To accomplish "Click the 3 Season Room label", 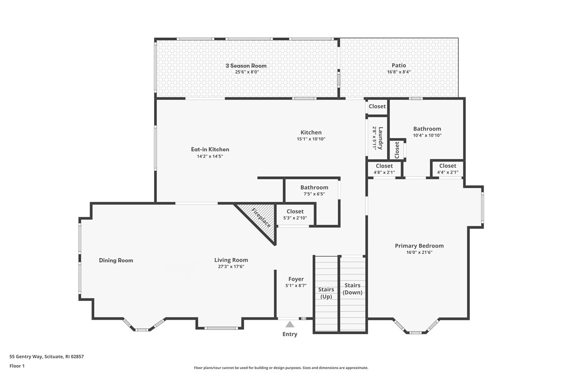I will tap(246, 66).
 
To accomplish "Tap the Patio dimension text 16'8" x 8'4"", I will tap(398, 72).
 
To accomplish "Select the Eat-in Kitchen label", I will tap(210, 149).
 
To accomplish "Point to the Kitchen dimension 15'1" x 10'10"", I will tap(311, 139).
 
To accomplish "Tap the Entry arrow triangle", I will tap(290, 324).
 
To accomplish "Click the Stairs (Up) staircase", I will tap(326, 293).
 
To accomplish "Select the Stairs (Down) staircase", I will tap(352, 293).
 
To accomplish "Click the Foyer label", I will tap(295, 279).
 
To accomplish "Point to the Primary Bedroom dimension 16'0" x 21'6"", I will tap(419, 252).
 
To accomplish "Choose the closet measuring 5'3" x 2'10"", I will tap(295, 215).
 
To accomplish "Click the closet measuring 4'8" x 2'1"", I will tap(384, 169).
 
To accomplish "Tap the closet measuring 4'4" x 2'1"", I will tap(447, 169).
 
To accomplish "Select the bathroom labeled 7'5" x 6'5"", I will tap(314, 190).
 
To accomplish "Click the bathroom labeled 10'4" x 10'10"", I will tap(427, 132).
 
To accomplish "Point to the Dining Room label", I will tap(116, 261).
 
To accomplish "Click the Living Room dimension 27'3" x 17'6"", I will tap(231, 267).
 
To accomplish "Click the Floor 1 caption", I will tap(17, 366).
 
